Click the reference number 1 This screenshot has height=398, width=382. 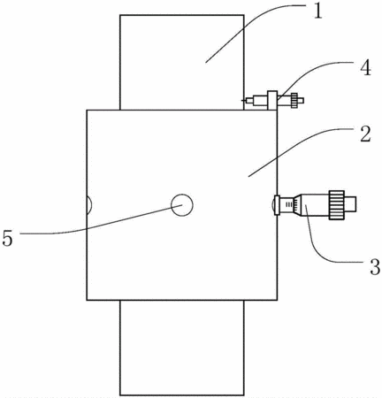[x=317, y=11]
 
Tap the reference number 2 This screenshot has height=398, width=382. [x=365, y=134]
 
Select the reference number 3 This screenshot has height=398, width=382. [x=375, y=267]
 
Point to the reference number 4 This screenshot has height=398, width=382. [x=365, y=68]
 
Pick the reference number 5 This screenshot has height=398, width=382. [x=8, y=238]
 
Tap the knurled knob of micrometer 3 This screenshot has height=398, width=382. [x=337, y=204]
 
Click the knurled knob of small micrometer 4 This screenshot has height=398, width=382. [x=294, y=101]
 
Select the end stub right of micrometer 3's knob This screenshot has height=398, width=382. [x=350, y=204]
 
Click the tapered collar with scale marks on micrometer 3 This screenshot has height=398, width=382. [x=298, y=204]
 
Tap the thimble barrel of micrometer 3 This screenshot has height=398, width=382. [x=315, y=204]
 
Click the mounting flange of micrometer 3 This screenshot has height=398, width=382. [x=277, y=204]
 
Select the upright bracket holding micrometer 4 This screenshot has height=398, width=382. [x=272, y=101]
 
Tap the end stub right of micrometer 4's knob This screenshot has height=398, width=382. [x=301, y=101]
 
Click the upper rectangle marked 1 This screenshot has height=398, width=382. [x=182, y=62]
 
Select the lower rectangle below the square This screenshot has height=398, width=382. [x=182, y=348]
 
